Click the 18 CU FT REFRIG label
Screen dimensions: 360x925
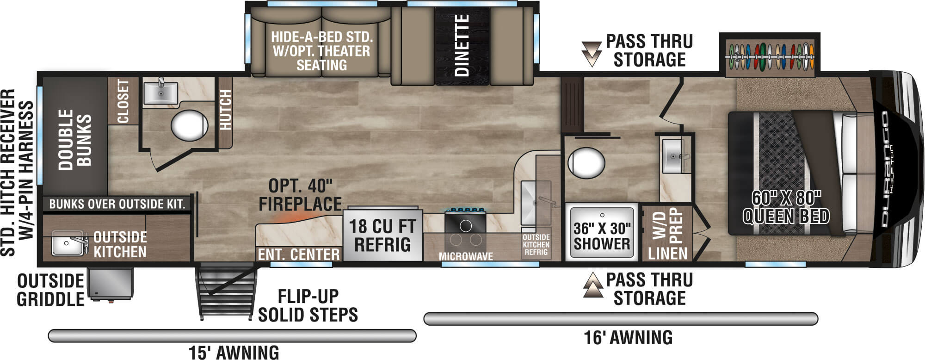[382, 236]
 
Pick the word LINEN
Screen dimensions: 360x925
[667, 253]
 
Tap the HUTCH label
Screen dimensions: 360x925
[225, 110]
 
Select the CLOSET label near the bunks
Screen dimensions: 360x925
[123, 101]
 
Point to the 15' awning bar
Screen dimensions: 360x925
[232, 335]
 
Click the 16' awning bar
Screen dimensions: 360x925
[620, 319]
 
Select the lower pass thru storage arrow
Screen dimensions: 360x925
[593, 285]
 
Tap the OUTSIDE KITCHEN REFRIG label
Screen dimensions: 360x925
[536, 244]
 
